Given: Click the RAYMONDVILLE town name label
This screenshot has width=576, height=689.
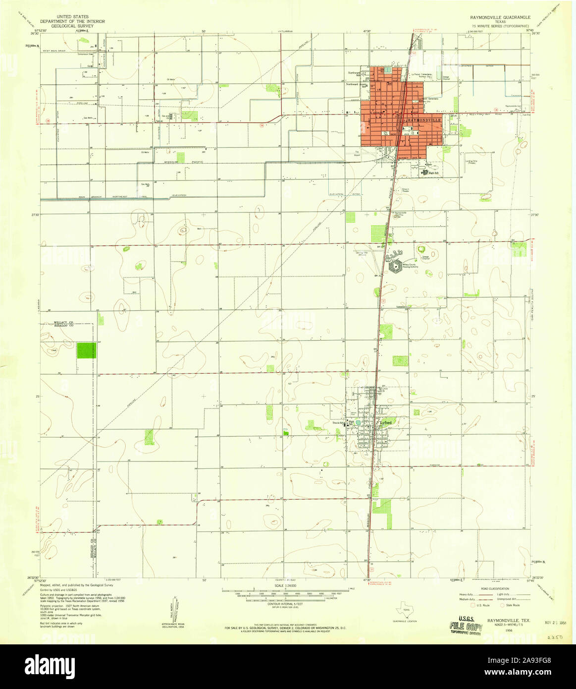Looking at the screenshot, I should click(x=424, y=120).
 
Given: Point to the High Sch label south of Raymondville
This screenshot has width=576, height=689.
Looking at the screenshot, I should click(x=434, y=172).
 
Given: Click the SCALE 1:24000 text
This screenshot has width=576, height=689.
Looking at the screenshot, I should click(x=285, y=585).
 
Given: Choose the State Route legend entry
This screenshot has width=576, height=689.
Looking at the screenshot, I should click(x=511, y=605).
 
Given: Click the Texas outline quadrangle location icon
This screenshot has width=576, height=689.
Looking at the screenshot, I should click(x=407, y=612).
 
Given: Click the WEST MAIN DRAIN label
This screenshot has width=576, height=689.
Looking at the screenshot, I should click(x=53, y=51).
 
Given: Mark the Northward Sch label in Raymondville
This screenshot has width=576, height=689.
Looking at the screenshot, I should click(x=354, y=73).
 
